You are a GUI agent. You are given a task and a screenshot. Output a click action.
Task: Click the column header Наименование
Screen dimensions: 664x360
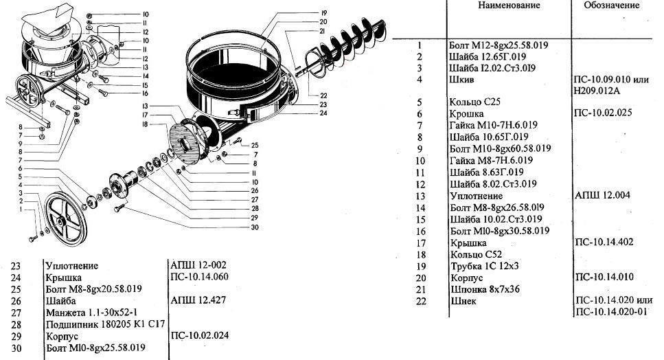coord(509,5)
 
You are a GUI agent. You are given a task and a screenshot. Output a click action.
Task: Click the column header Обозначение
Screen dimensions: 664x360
coord(612,5)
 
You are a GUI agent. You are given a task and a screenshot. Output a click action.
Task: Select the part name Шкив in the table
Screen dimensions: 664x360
coord(461,80)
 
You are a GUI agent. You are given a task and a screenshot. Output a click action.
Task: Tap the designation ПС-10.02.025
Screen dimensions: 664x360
coord(603,113)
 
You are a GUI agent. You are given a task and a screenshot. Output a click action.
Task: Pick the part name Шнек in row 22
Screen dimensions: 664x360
coord(463,301)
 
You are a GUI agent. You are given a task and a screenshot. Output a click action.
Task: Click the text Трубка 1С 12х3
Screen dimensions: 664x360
coord(485,266)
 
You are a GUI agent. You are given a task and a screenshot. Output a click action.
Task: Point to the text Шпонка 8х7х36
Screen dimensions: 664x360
coord(485,289)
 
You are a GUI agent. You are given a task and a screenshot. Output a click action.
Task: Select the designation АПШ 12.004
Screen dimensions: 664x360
coord(603,195)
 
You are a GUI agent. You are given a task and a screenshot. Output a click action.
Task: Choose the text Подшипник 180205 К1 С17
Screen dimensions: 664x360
coord(106,325)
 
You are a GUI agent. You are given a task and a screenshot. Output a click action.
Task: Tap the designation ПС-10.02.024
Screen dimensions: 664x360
coord(199,335)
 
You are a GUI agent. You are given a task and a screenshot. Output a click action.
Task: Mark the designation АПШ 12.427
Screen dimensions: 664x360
coord(198,300)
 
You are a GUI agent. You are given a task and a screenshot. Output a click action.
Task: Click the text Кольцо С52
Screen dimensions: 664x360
coord(476,254)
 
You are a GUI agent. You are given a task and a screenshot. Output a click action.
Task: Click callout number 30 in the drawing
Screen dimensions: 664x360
coord(255,227)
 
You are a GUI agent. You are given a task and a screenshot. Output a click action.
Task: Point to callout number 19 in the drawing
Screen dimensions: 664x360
coord(323,13)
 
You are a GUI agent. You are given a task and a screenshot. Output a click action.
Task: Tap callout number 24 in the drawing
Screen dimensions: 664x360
coord(323,113)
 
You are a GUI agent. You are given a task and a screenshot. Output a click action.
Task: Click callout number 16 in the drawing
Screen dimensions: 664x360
coord(145,93)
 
